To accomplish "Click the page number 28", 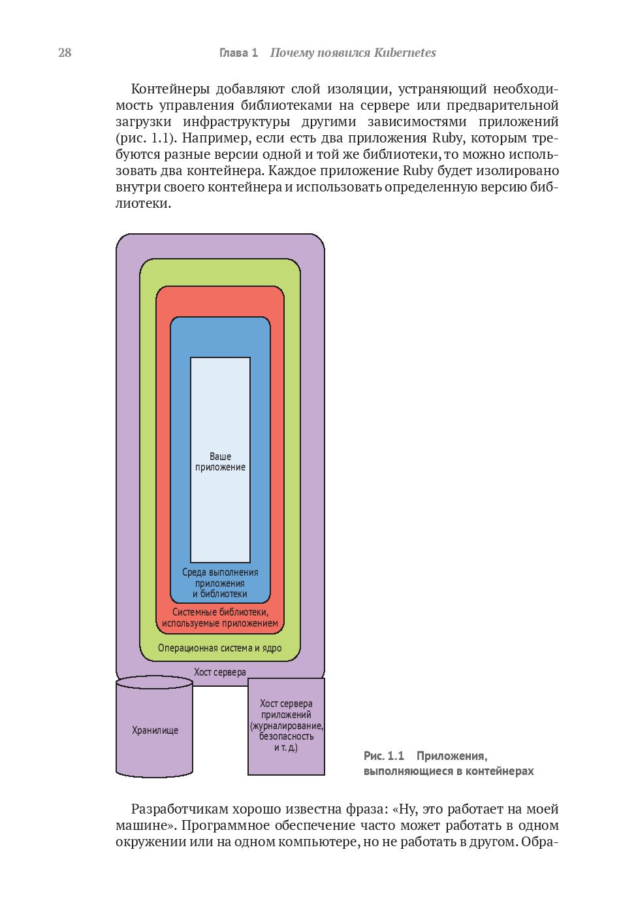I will tap(65, 53).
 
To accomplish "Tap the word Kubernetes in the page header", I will tap(405, 53).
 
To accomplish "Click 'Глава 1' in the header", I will tap(238, 53).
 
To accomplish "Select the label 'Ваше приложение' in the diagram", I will tap(220, 461).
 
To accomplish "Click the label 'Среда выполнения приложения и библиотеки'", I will tap(220, 583).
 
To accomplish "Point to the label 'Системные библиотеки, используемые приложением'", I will tap(220, 618).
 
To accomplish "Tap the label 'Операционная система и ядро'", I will tap(220, 648).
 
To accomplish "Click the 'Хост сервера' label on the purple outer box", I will tap(220, 672).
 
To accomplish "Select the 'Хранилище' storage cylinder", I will tap(155, 730).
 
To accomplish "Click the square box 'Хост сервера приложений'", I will tap(286, 725).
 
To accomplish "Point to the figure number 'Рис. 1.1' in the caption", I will tap(384, 756).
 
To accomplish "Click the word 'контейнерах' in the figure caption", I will tap(500, 771).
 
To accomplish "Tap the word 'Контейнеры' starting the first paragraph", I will tap(170, 89).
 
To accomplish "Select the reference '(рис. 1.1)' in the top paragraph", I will tap(146, 138).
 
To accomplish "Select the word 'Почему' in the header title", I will tap(291, 53).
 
